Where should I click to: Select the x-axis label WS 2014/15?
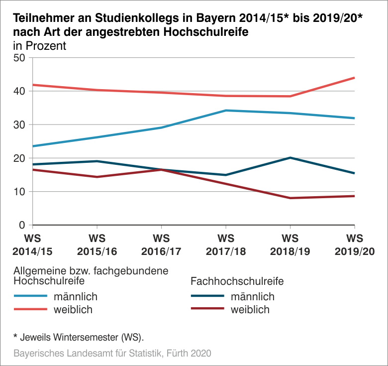pos(33,244)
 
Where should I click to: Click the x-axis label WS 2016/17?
pos(161,244)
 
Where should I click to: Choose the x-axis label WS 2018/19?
pos(290,244)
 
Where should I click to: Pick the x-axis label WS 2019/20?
pos(354,244)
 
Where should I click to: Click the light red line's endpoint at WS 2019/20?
pos(354,78)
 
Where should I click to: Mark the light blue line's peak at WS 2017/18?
pos(226,111)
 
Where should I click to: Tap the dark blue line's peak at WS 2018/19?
pos(290,158)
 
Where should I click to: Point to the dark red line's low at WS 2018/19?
pos(290,198)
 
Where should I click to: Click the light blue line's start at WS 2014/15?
pos(33,146)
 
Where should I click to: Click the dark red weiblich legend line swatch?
pos(208,309)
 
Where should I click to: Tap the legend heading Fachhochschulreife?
pos(237,281)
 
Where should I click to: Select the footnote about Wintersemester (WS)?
pos(78,337)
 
